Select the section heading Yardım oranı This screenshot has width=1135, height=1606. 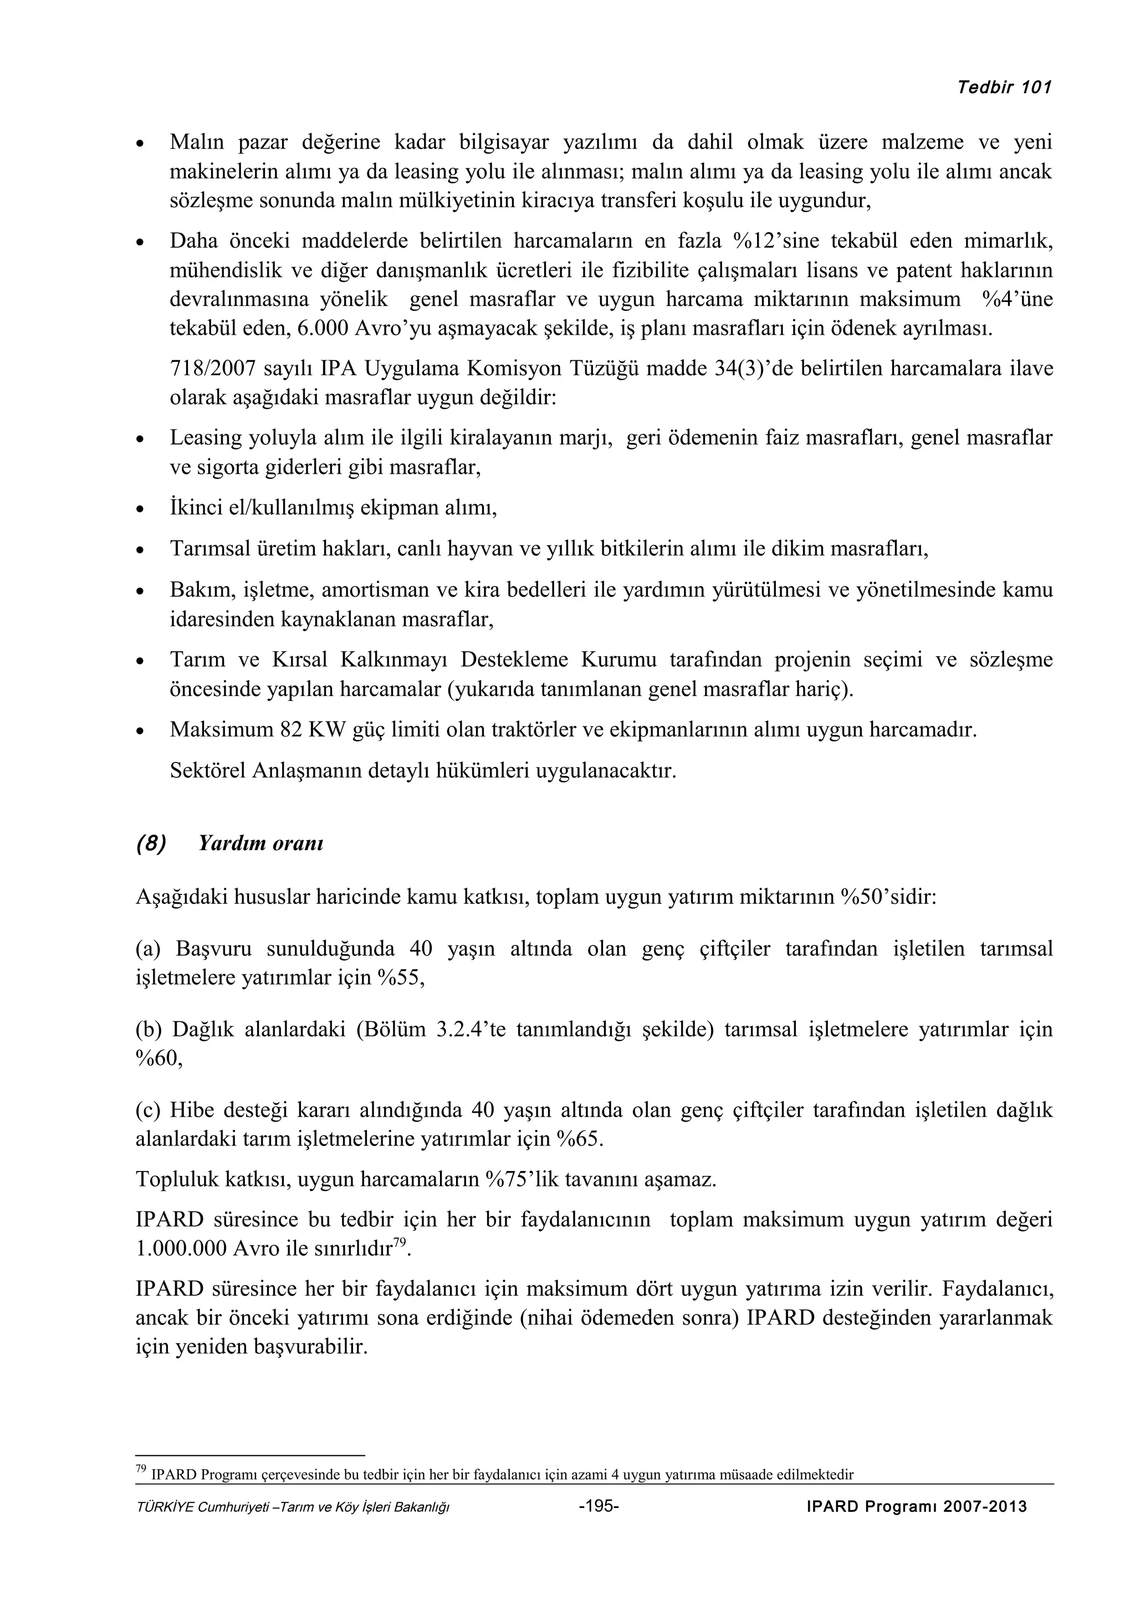click(260, 843)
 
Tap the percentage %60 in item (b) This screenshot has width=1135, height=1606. click(158, 1059)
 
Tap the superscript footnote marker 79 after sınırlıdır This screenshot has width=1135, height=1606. click(400, 1241)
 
